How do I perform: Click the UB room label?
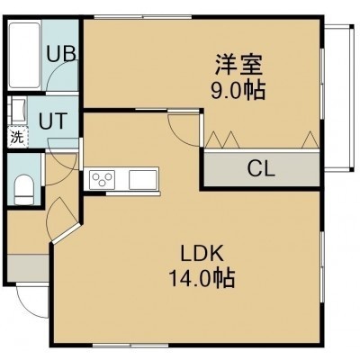(x=61, y=54)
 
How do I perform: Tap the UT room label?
(x=53, y=121)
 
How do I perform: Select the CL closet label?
(x=261, y=168)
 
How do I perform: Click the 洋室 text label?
(x=239, y=64)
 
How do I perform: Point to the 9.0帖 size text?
(x=238, y=91)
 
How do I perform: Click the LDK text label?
(x=202, y=253)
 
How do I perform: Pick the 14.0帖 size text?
(x=202, y=278)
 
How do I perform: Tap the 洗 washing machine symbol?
(x=17, y=138)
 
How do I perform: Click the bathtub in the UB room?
(x=24, y=55)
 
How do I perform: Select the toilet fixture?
(x=24, y=190)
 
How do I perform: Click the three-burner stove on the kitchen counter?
(x=102, y=180)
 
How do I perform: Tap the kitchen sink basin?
(x=143, y=180)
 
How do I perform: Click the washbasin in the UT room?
(x=18, y=110)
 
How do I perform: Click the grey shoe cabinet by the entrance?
(x=28, y=267)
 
